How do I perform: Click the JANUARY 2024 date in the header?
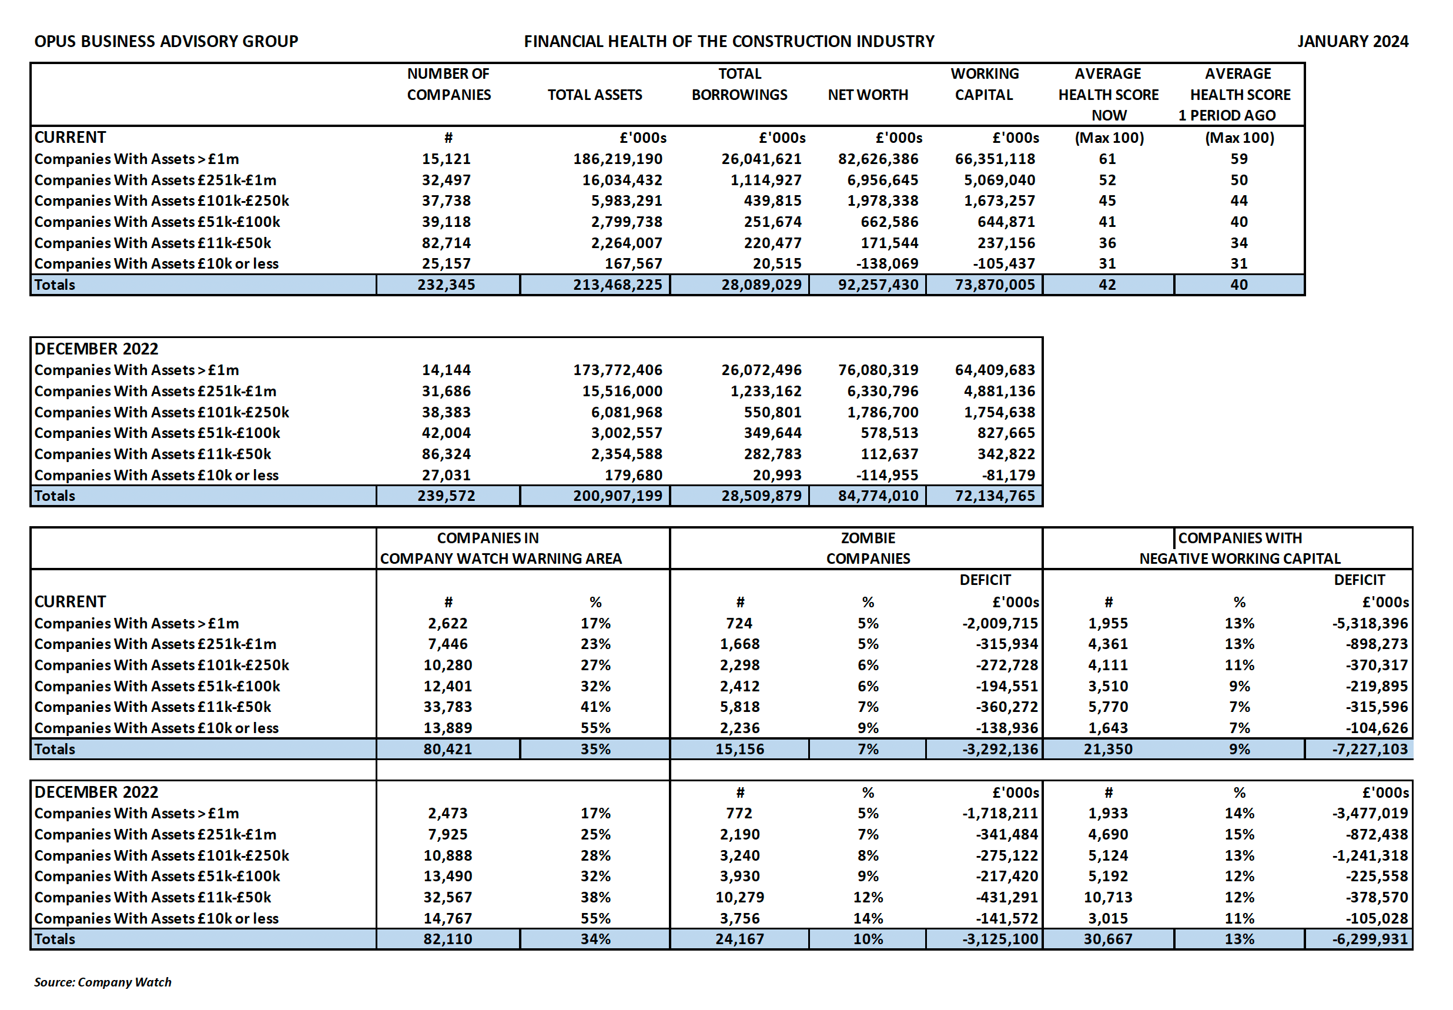tap(1352, 41)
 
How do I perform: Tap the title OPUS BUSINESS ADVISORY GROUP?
tap(166, 41)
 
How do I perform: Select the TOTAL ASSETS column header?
tap(595, 95)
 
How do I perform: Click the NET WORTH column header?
tap(868, 95)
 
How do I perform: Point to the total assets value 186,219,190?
tap(617, 159)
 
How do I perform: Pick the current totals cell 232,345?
tap(446, 285)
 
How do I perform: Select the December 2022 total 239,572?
tap(446, 496)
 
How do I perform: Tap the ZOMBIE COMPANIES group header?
tap(868, 548)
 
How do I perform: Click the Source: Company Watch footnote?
tap(102, 982)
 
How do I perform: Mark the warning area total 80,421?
tap(448, 750)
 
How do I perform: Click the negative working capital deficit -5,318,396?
tap(1370, 623)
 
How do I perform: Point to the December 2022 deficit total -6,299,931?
tap(1370, 939)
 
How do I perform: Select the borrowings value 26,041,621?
tap(761, 159)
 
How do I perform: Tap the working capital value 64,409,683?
tap(995, 370)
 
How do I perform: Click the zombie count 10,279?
tap(739, 897)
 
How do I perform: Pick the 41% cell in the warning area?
tap(595, 707)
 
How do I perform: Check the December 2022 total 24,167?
tap(739, 939)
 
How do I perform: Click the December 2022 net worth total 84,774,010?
tap(878, 496)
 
